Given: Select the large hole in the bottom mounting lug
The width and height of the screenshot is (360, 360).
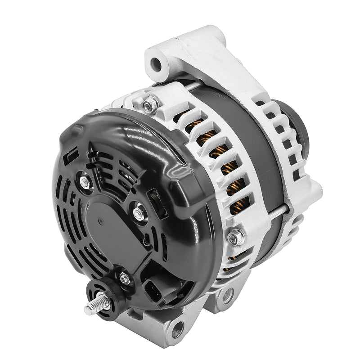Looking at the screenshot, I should pos(179,328).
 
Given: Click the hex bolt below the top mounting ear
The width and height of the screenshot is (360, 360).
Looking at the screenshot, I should pos(148,105).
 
